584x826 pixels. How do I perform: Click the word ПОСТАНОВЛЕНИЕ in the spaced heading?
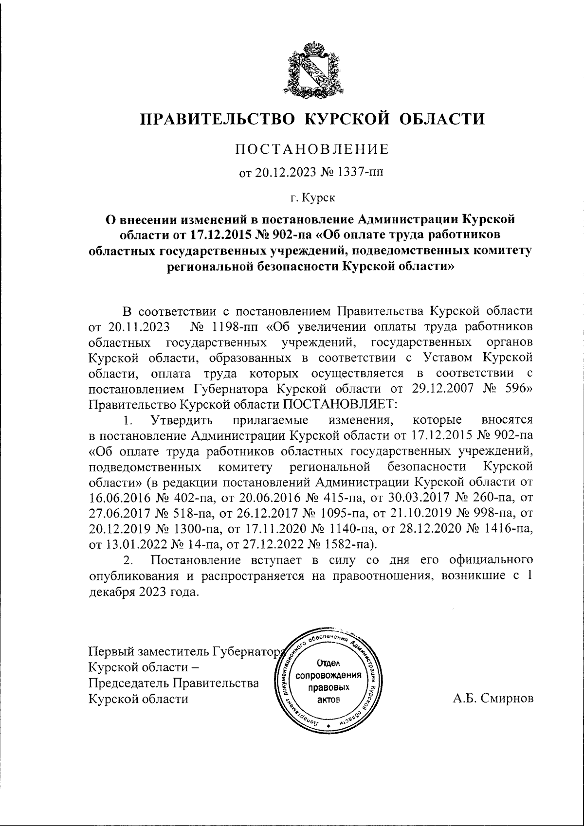coord(312,149)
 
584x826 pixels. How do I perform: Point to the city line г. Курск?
coord(312,198)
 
